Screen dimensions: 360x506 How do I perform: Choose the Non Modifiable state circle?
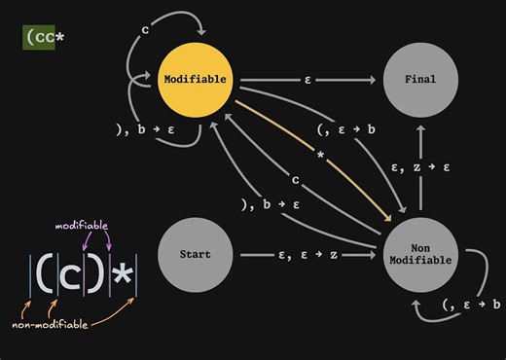click(421, 255)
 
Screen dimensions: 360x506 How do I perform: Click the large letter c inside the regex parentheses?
click(69, 276)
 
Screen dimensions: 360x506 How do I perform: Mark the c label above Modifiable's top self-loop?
click(145, 29)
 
